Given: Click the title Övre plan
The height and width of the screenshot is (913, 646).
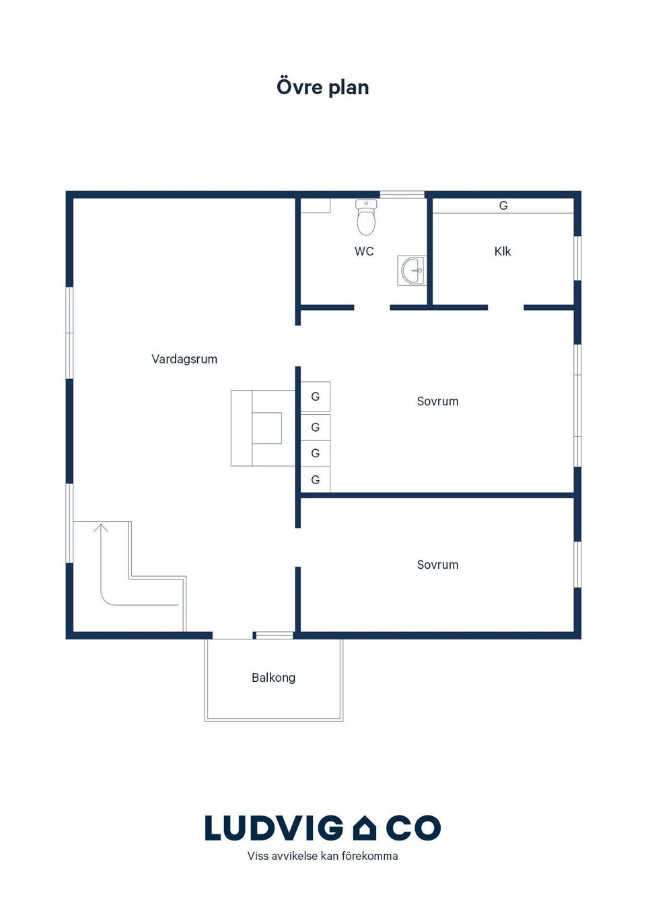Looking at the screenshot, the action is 322,87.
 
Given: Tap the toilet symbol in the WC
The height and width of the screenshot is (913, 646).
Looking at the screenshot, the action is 366,217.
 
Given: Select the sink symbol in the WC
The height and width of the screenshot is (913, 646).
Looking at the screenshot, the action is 412,271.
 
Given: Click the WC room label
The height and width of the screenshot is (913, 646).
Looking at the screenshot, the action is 364,251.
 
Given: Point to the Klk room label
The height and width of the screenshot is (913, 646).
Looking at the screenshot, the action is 503,251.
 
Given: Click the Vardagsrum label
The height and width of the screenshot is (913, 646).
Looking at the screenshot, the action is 184,359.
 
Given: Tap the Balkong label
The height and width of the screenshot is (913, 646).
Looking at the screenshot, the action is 273,678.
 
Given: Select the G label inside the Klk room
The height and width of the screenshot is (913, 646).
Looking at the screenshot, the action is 503,206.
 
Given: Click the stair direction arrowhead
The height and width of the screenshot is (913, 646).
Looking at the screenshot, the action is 101,528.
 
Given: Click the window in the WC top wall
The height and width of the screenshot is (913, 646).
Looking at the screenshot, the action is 402,194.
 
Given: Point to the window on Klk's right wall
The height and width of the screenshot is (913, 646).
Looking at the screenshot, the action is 577,258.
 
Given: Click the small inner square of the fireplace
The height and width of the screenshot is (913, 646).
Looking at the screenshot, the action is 266,428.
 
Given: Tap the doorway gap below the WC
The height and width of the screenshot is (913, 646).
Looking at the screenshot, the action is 372,307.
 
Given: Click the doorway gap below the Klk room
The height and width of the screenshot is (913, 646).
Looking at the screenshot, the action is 506,307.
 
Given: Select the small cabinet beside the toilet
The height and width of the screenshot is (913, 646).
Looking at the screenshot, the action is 315,206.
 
